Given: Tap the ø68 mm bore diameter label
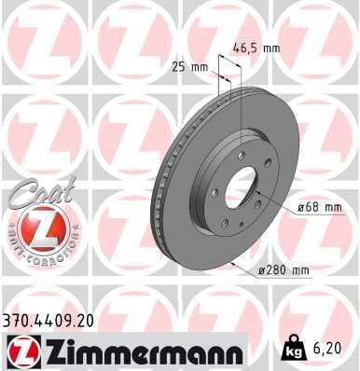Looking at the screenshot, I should [319, 208].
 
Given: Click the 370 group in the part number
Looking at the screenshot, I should [16, 320].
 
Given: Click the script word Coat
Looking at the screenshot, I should [35, 190].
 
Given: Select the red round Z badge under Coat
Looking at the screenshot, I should [38, 227].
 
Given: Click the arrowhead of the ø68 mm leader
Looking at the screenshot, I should [255, 192].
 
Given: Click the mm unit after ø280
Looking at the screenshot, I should [299, 270].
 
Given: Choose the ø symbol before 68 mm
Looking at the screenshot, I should [302, 208].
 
